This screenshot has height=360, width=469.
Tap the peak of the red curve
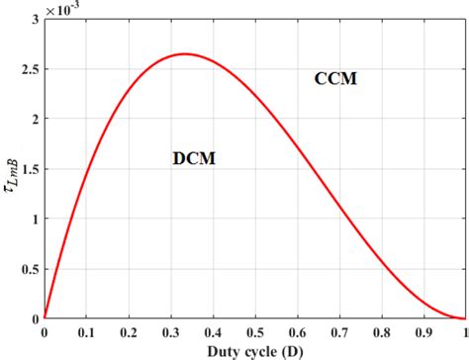[184, 54]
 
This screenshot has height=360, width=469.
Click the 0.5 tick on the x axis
[255, 333]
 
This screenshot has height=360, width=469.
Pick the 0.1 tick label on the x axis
[86, 333]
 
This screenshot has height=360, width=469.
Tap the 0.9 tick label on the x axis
[423, 333]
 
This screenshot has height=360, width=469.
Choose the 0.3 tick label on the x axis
[170, 333]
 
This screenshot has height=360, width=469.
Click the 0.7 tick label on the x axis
[339, 333]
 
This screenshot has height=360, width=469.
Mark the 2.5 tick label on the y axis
[29, 70]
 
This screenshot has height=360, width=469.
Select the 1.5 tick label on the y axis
[29, 170]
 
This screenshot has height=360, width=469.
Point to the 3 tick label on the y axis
[35, 20]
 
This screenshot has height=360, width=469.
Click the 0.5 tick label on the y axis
[29, 270]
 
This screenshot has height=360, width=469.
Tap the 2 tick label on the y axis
[35, 120]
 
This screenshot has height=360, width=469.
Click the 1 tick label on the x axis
[465, 333]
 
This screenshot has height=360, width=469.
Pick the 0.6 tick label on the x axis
[297, 333]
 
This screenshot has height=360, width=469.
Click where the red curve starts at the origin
[45, 319]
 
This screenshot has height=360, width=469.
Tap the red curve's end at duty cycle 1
[465, 319]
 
